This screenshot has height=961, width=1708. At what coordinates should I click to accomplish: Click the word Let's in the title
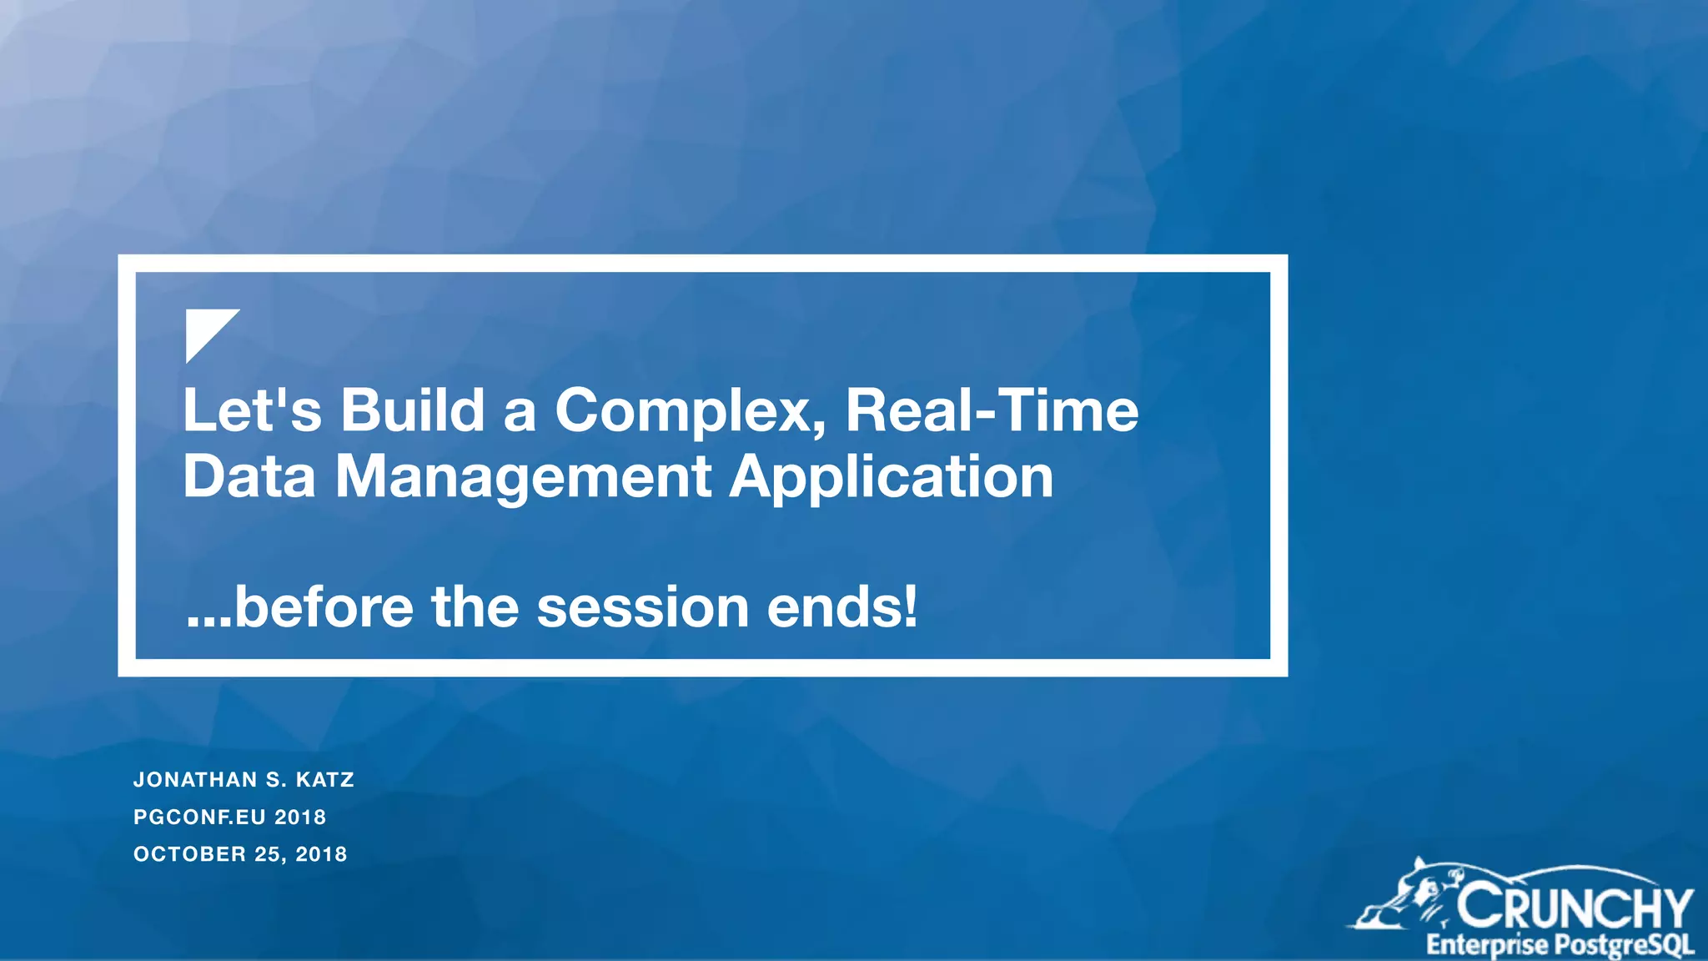pyautogui.click(x=251, y=410)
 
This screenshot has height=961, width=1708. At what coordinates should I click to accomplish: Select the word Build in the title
pyautogui.click(x=412, y=410)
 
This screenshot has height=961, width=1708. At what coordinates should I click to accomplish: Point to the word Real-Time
pyautogui.click(x=992, y=410)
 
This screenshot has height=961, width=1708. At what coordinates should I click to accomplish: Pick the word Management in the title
pyautogui.click(x=523, y=479)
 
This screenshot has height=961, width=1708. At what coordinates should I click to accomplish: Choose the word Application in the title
pyautogui.click(x=891, y=479)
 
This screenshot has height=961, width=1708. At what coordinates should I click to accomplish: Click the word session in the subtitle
pyautogui.click(x=642, y=606)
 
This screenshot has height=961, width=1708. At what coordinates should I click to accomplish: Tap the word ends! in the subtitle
pyautogui.click(x=842, y=606)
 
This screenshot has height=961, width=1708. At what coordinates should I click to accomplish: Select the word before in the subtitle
pyautogui.click(x=324, y=606)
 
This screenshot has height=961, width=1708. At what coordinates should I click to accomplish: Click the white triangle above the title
pyautogui.click(x=205, y=329)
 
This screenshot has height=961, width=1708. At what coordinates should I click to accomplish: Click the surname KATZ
pyautogui.click(x=325, y=780)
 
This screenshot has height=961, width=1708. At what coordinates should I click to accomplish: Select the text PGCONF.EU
pyautogui.click(x=199, y=818)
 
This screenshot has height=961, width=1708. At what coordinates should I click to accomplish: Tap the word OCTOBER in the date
pyautogui.click(x=190, y=854)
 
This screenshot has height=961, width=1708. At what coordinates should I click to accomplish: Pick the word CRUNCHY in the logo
pyautogui.click(x=1575, y=907)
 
